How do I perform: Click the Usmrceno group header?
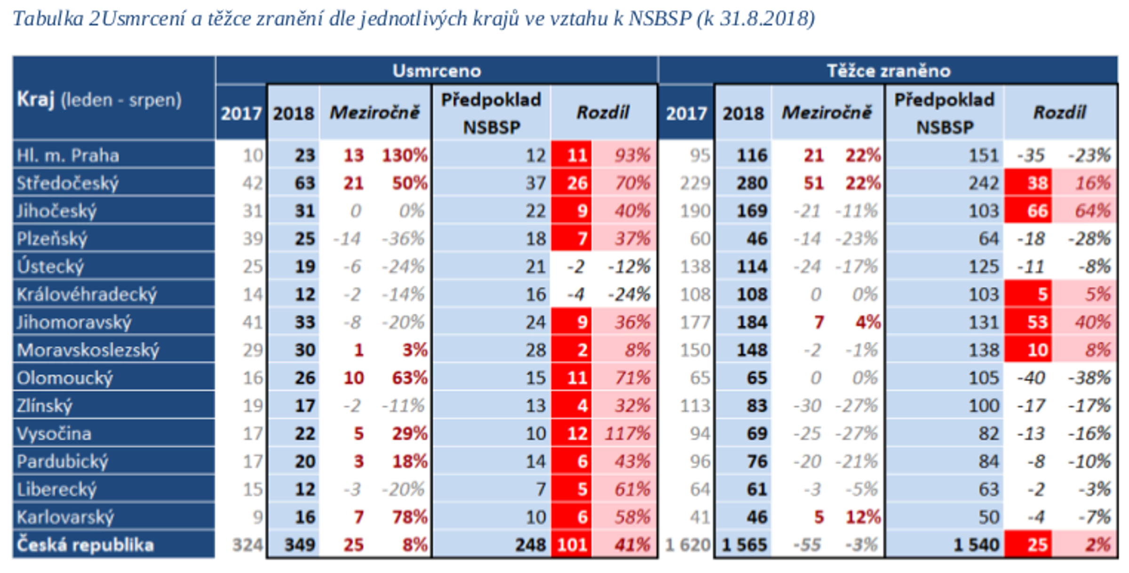(x=437, y=71)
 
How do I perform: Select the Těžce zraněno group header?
(x=888, y=71)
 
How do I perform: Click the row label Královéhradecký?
(x=87, y=294)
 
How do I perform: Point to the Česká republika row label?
(x=85, y=545)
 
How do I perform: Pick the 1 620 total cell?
(x=687, y=545)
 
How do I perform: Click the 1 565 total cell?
(x=744, y=545)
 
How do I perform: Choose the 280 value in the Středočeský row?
(x=752, y=183)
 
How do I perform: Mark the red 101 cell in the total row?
(x=572, y=545)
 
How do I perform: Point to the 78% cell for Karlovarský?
(x=409, y=517)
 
